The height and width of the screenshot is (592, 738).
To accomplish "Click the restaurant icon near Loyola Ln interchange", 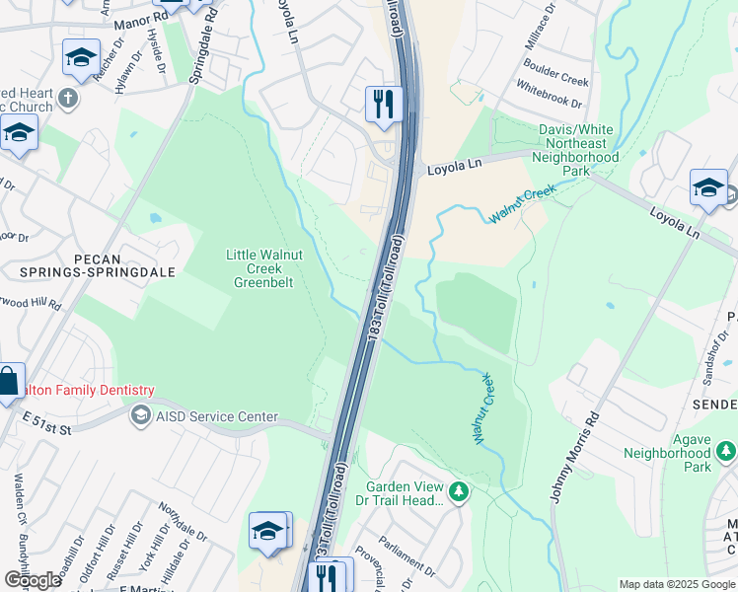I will [x=381, y=104].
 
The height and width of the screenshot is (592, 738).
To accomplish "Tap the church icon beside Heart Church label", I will [x=67, y=98].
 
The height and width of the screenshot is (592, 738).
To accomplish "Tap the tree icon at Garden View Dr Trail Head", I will [x=458, y=491].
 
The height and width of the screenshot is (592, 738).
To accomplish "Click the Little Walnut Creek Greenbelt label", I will [x=263, y=267].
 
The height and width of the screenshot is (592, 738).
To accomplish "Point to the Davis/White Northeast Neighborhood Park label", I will [x=576, y=150].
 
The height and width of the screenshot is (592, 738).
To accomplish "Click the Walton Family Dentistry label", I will [x=79, y=391].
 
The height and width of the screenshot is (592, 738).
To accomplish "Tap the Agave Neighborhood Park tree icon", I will [x=726, y=451].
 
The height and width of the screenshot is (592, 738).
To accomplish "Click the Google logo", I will [x=32, y=580].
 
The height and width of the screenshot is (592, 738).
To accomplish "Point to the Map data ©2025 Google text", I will [x=676, y=584].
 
